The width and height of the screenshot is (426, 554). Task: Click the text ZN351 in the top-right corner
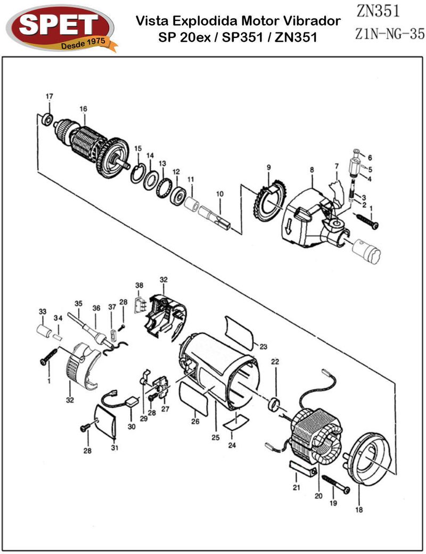pos(377,11)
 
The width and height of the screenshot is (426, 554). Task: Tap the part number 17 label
pos(49,97)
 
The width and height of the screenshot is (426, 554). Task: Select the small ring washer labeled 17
pos(47,119)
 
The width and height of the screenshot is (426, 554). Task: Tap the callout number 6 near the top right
pos(370,157)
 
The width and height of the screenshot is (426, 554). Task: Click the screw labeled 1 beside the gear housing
pos(367,221)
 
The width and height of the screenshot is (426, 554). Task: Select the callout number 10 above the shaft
pos(219,195)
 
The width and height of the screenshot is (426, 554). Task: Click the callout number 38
pos(139,285)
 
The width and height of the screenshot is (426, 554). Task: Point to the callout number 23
pos(263,347)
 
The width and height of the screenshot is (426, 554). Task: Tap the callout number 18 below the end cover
pos(358,509)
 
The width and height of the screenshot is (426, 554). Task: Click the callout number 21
pos(297,487)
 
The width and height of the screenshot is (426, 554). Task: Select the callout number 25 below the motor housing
pos(215,438)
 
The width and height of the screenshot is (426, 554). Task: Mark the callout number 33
pos(43,311)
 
